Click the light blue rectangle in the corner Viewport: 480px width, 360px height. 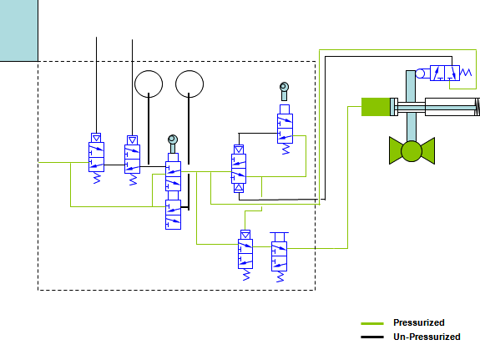point(19,30)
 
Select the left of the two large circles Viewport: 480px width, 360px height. point(149,84)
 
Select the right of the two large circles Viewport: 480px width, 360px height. point(189,84)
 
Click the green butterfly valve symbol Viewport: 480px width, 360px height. point(412,150)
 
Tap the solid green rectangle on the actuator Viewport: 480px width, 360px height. point(376,106)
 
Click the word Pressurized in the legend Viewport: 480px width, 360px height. point(418,322)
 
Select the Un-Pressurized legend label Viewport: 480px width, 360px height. point(426,337)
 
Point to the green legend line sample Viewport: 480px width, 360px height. point(371,323)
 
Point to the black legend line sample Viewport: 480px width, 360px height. point(371,337)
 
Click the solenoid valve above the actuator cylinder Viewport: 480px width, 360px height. point(442,74)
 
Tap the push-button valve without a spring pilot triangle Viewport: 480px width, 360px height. point(279,256)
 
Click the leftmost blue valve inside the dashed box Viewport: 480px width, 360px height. point(97,157)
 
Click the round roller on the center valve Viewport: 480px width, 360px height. point(173,139)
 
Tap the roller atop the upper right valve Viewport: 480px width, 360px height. point(285,87)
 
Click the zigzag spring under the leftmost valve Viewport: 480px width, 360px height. point(97,179)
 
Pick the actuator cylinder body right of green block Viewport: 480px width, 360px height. point(450,106)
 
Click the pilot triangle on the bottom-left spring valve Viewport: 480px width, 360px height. point(246,235)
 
